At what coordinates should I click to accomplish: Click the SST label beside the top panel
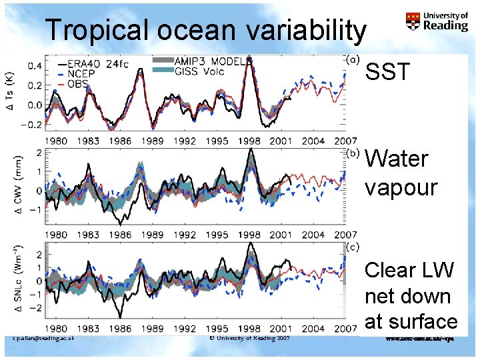[x=389, y=73]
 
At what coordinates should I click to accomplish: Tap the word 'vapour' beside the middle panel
[x=400, y=187]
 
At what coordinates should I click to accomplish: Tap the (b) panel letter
[x=353, y=152]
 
